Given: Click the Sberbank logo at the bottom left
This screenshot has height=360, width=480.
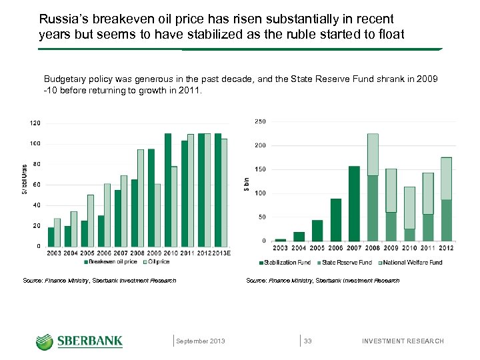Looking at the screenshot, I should click(79, 341).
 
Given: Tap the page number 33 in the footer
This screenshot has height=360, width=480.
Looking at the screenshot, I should click(308, 341).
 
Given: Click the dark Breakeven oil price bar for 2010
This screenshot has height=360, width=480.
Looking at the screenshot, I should click(168, 189).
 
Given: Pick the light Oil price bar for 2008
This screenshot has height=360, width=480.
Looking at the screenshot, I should click(141, 197).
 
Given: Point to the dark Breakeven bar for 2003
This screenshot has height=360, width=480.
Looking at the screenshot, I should click(51, 237).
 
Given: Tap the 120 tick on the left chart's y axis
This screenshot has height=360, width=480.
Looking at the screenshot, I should click(35, 123).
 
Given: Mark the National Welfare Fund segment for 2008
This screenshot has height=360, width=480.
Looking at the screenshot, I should click(373, 154).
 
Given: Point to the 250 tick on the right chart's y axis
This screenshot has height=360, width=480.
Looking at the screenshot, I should click(260, 121).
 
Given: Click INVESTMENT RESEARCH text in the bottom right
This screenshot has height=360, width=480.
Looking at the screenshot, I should click(402, 341).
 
